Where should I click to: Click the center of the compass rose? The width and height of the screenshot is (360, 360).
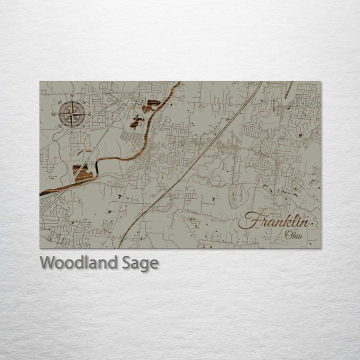pos(72,113)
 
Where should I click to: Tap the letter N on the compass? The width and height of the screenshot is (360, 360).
pos(72,95)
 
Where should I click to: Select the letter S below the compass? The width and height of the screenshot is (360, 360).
pos(71,132)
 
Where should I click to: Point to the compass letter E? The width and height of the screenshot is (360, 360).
pos(90,114)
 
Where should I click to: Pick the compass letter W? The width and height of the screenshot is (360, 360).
pos(53,114)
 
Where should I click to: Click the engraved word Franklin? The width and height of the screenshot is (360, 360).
pos(274,221)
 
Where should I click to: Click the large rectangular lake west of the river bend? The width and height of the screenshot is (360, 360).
pos(82,170)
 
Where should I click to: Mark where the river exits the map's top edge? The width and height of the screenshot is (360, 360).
pos(178,82)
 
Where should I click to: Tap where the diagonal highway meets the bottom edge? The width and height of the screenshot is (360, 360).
pos(119,247)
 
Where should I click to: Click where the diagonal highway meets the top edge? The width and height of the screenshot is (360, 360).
pos(261,82)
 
